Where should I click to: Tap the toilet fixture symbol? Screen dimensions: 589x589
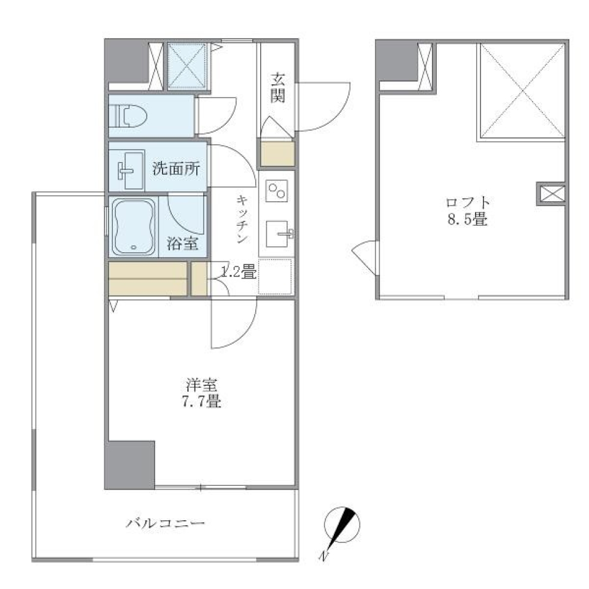click(127, 115)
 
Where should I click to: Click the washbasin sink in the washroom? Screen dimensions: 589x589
click(128, 169)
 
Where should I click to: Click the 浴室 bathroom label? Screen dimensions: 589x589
click(182, 244)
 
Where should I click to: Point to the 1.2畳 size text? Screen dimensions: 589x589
click(238, 272)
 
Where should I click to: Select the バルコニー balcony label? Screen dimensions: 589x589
click(165, 523)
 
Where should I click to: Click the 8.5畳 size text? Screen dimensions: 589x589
click(469, 219)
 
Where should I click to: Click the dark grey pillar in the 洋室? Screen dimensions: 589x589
click(130, 464)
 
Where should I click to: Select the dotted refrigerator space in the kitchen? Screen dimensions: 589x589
click(275, 277)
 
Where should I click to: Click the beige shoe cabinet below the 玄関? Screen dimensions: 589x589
click(277, 153)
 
